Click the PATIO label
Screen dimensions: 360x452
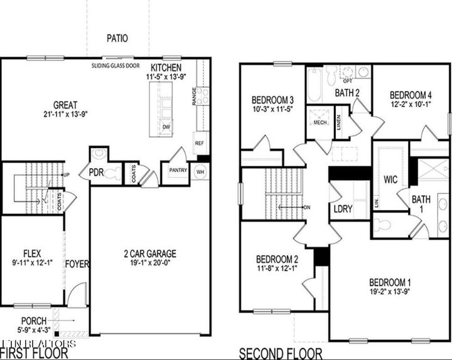[116, 38]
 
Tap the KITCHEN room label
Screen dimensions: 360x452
[166, 68]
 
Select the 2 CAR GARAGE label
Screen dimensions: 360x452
[149, 254]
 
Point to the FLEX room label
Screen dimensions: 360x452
[31, 255]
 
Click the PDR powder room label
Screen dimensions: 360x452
[96, 172]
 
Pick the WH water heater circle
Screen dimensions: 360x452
[200, 171]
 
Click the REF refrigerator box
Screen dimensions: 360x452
[200, 142]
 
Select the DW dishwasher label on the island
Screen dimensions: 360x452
[166, 127]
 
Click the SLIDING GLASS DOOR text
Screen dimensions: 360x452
[117, 65]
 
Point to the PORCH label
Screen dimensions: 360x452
[34, 321]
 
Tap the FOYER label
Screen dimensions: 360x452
[77, 264]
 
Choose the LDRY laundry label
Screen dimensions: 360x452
[342, 208]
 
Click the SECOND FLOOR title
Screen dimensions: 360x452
[281, 354]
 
